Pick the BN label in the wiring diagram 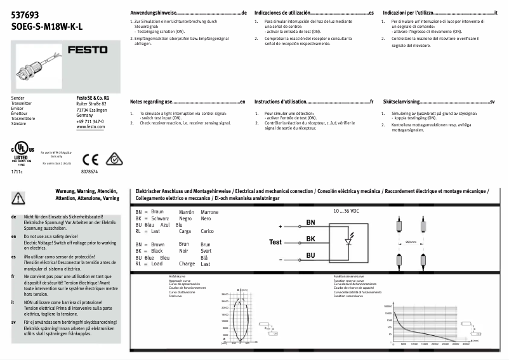coord(310,223)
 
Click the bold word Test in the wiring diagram coord(275,242)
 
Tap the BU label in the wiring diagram coord(310,255)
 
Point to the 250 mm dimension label coord(410,242)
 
